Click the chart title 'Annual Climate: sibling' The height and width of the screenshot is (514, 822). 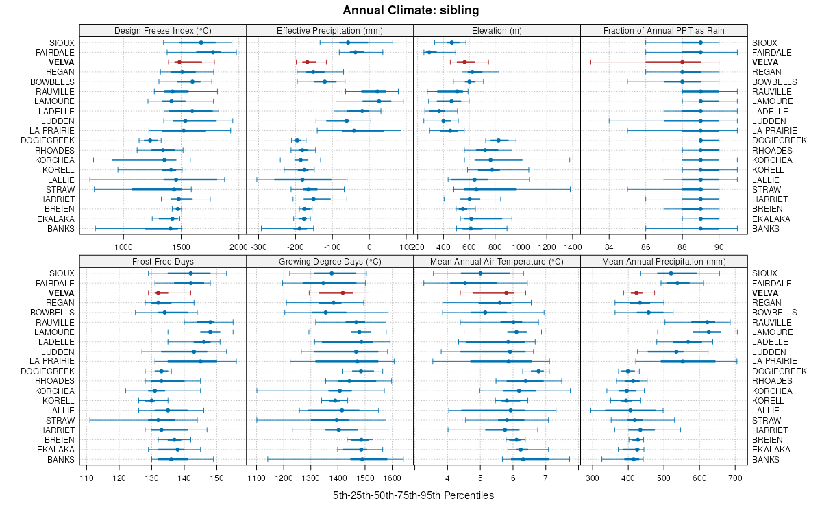pos(411,10)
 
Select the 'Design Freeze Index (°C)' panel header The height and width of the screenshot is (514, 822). pos(163,30)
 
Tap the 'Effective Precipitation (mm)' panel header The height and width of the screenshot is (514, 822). pos(329,30)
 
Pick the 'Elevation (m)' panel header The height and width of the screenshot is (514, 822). pos(497,30)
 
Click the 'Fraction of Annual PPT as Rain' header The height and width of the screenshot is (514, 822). pos(664,30)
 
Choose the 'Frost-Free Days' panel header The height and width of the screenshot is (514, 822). pos(163,261)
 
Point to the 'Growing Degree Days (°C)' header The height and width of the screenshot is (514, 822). pos(329,261)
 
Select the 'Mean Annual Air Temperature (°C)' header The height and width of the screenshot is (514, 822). pos(497,261)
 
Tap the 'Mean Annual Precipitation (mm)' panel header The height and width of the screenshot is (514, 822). pos(664,261)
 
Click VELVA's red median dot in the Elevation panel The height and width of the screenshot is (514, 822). pos(464,62)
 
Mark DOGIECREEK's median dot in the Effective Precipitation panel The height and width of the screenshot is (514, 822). pos(297,140)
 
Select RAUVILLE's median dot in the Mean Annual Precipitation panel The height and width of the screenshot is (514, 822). pos(707,322)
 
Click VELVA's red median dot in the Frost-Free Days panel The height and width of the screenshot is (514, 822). pos(157,293)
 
